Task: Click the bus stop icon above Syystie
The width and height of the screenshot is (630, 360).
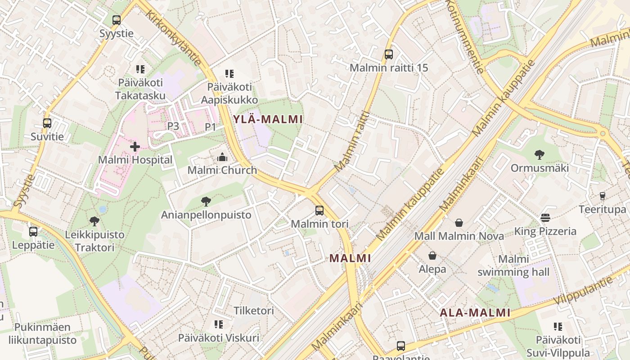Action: click(117, 20)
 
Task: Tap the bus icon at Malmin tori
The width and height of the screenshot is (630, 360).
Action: click(319, 210)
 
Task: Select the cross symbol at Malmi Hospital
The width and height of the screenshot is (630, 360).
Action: click(135, 146)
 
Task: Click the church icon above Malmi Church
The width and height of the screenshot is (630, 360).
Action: click(222, 157)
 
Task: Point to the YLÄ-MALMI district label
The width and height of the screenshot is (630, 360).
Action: click(268, 119)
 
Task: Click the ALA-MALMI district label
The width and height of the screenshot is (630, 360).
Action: click(475, 313)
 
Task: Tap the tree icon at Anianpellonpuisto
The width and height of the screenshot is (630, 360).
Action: click(206, 202)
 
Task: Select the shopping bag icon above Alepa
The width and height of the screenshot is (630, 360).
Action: click(432, 256)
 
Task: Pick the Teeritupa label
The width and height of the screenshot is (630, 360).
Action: click(602, 209)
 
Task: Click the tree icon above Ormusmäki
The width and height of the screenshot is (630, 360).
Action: click(540, 155)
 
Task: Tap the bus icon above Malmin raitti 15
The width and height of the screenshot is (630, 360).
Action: click(389, 55)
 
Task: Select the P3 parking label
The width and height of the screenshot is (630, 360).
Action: click(173, 126)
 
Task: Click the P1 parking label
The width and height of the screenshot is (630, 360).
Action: click(211, 127)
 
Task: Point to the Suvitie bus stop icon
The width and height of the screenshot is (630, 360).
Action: click(47, 123)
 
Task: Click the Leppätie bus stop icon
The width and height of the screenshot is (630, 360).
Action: click(33, 232)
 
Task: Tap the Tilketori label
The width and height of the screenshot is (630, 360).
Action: click(254, 310)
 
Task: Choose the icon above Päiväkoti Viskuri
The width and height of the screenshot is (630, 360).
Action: click(219, 324)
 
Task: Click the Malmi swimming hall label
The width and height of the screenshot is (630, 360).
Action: click(513, 265)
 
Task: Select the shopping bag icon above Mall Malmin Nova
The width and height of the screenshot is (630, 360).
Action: click(459, 223)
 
